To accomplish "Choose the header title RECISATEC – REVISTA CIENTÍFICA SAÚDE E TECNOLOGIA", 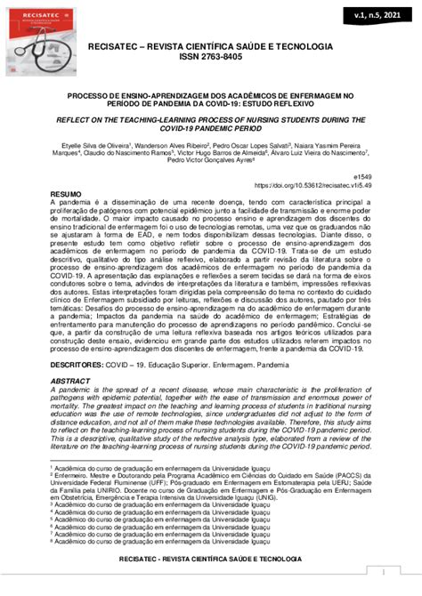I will tap(211, 45).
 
